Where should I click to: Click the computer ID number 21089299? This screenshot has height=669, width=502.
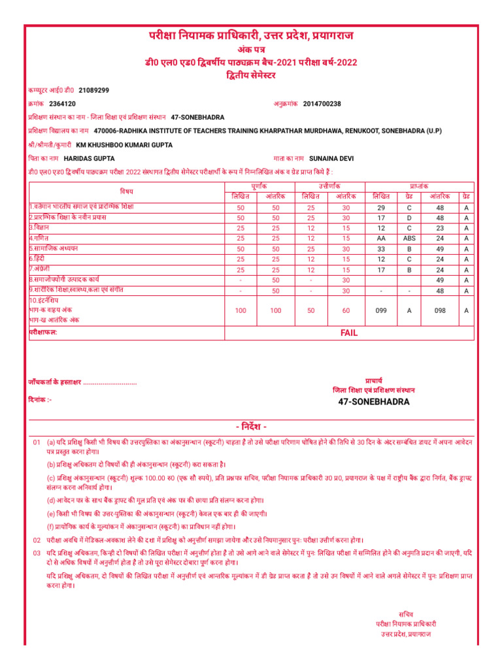93,90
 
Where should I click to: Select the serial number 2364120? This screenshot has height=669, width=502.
62,103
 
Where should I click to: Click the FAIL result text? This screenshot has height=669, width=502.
349,333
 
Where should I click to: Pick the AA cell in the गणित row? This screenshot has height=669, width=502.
381,238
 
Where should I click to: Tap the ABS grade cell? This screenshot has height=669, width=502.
409,238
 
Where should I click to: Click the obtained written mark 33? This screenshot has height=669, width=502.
381,249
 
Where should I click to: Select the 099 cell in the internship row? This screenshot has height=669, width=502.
381,311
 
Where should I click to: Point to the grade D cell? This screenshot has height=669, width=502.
409,218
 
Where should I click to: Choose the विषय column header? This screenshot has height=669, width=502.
126,191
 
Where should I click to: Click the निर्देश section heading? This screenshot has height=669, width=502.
251,427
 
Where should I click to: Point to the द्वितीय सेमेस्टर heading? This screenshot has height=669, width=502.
251,75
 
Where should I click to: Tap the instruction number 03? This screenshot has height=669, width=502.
37,553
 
